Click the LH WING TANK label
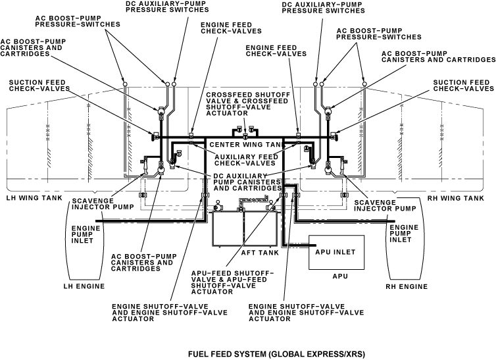coord(34,197)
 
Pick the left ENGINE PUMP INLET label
coord(83,233)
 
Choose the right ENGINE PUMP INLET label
coord(403,233)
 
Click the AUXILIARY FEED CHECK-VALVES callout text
coord(244,160)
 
